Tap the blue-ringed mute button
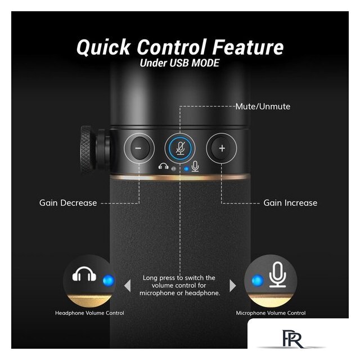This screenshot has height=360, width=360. pos(181,148)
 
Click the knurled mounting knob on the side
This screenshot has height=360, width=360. pos(88,149)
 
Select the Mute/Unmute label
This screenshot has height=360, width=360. pos(263,106)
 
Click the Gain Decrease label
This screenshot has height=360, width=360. pos(68,203)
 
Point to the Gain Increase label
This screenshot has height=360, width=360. pos(290,203)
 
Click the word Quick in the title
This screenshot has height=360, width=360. pos(103,47)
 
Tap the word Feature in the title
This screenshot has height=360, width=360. pos(247,47)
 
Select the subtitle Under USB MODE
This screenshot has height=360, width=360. pos(179,63)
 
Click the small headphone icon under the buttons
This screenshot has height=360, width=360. pos(164,166)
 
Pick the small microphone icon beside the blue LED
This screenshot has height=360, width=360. pos(195,166)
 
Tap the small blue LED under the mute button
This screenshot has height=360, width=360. pos(186,169)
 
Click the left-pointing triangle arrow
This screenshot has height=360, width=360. pos(128,286)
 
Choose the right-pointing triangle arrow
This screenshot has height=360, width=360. pos(232,286)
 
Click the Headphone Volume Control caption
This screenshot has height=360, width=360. pos(89,313)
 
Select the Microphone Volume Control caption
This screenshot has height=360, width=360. pos(271,313)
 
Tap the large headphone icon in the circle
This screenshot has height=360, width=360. pos(84,274)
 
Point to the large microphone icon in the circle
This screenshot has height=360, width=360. pos(277,274)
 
